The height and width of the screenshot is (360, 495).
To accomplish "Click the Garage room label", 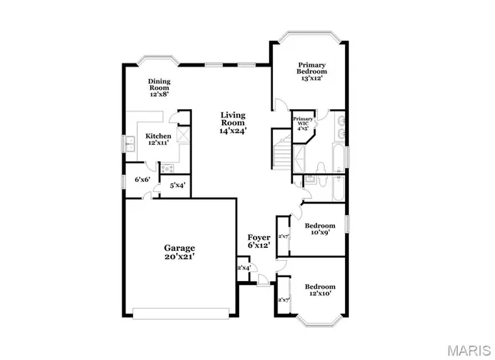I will point(179,252).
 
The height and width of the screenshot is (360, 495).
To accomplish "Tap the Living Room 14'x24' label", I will point(233,123).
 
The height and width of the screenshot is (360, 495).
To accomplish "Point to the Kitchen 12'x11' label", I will point(159,139).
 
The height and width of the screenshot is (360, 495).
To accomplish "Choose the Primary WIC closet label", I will point(302,123).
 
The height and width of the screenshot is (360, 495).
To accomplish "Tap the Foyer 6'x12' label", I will point(258,241).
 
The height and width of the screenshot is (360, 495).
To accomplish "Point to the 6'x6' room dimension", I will point(142,180).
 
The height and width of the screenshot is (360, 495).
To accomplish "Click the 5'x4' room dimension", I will point(177,186).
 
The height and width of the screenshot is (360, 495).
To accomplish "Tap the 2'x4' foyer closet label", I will point(244,268).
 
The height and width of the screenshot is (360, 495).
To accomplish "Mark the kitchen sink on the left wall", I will point(130,143).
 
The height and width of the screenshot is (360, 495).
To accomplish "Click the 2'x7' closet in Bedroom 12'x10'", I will point(283,299).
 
